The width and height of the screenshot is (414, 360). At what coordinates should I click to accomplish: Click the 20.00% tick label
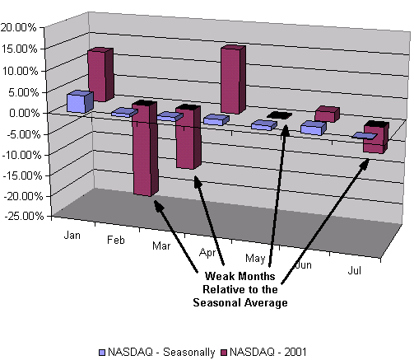(x=18, y=27)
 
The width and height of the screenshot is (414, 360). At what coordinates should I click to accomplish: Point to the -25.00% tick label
(x=24, y=216)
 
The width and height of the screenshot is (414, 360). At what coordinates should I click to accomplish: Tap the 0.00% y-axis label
(x=25, y=113)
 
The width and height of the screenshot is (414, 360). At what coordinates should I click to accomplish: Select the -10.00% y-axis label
(x=21, y=155)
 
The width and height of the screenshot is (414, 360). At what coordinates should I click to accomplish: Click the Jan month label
(x=72, y=236)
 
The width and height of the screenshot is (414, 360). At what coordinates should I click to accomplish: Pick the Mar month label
(x=161, y=245)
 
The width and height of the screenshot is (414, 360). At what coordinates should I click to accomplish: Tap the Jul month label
(x=354, y=271)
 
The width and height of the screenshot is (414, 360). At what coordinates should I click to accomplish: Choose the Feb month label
(x=116, y=241)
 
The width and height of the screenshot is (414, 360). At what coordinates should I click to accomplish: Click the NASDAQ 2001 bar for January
(x=100, y=75)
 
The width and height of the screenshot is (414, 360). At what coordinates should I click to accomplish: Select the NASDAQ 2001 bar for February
(x=145, y=148)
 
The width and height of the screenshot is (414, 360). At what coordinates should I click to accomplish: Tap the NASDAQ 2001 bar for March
(x=188, y=137)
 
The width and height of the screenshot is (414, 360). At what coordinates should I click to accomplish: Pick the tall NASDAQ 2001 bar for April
(x=233, y=79)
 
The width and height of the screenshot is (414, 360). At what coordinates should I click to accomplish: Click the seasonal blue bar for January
(x=80, y=101)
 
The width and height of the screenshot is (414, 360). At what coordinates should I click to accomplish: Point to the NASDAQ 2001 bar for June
(x=327, y=115)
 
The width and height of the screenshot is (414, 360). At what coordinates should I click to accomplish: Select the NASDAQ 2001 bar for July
(x=376, y=137)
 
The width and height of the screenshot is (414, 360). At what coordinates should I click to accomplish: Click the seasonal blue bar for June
(x=313, y=128)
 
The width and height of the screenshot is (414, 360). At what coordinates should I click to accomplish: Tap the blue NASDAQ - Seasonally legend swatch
(x=102, y=353)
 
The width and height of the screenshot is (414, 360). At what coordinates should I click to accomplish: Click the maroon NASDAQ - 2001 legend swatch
(x=225, y=353)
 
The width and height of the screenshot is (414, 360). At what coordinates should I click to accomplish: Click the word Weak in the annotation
(x=219, y=276)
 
